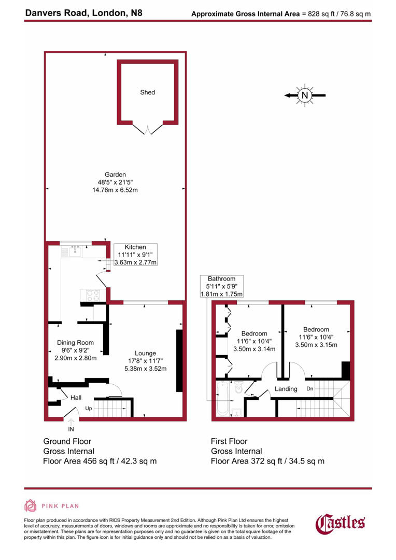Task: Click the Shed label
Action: point(147,92)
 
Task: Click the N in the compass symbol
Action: point(305,95)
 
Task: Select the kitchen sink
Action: point(72,252)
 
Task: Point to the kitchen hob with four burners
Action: point(92,294)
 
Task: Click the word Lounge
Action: point(145,353)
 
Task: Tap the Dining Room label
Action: point(76,342)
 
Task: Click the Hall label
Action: point(76,397)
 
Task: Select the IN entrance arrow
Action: point(71,422)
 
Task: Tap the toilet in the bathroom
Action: point(238,387)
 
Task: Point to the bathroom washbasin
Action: point(237,413)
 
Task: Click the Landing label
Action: point(286,389)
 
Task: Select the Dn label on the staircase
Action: point(310,388)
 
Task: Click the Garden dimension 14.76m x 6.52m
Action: point(115,190)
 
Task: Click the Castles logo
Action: point(341,522)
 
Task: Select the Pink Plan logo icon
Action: point(30,506)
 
